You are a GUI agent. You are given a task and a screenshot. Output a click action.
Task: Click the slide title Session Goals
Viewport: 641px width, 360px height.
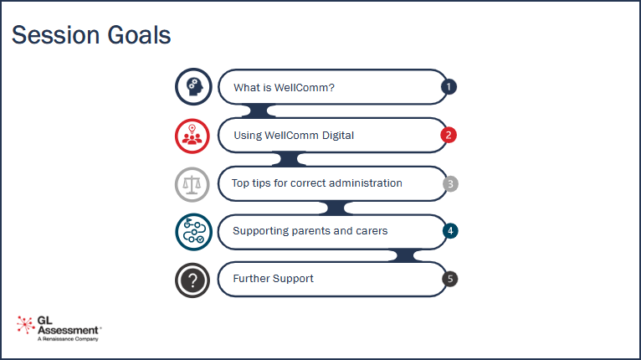pos(91,35)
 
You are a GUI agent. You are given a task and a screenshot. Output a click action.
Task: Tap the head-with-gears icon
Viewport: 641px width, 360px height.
pos(192,86)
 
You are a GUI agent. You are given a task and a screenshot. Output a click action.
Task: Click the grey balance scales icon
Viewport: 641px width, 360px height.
pos(192,183)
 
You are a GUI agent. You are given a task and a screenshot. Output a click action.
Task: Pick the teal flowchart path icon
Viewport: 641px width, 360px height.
pos(192,232)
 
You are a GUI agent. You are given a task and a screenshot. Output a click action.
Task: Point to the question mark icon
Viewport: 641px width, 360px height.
pos(192,280)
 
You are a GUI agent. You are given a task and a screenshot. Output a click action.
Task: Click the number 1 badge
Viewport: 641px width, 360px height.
pos(449,86)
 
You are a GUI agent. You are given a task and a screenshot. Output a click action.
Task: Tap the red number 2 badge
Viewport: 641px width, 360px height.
pos(449,135)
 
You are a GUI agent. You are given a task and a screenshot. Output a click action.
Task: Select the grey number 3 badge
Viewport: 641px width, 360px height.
pos(449,183)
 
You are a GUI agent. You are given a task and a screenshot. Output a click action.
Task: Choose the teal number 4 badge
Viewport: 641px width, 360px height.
pos(449,231)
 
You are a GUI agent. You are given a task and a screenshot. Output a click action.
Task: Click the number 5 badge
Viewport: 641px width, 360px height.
pos(449,280)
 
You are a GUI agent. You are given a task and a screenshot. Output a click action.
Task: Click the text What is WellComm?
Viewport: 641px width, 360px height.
pos(284,87)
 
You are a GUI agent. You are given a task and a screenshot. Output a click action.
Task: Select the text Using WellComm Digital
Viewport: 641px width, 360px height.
pos(294,136)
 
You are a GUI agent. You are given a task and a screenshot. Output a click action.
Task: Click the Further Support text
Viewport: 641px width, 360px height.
pos(273,279)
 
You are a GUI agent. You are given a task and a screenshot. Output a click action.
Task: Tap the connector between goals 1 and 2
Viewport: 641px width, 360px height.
pos(257,111)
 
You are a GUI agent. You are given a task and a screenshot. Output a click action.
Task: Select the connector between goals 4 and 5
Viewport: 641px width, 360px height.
pos(408,255)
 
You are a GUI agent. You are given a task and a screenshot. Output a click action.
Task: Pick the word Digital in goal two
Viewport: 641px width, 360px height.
pos(336,136)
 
